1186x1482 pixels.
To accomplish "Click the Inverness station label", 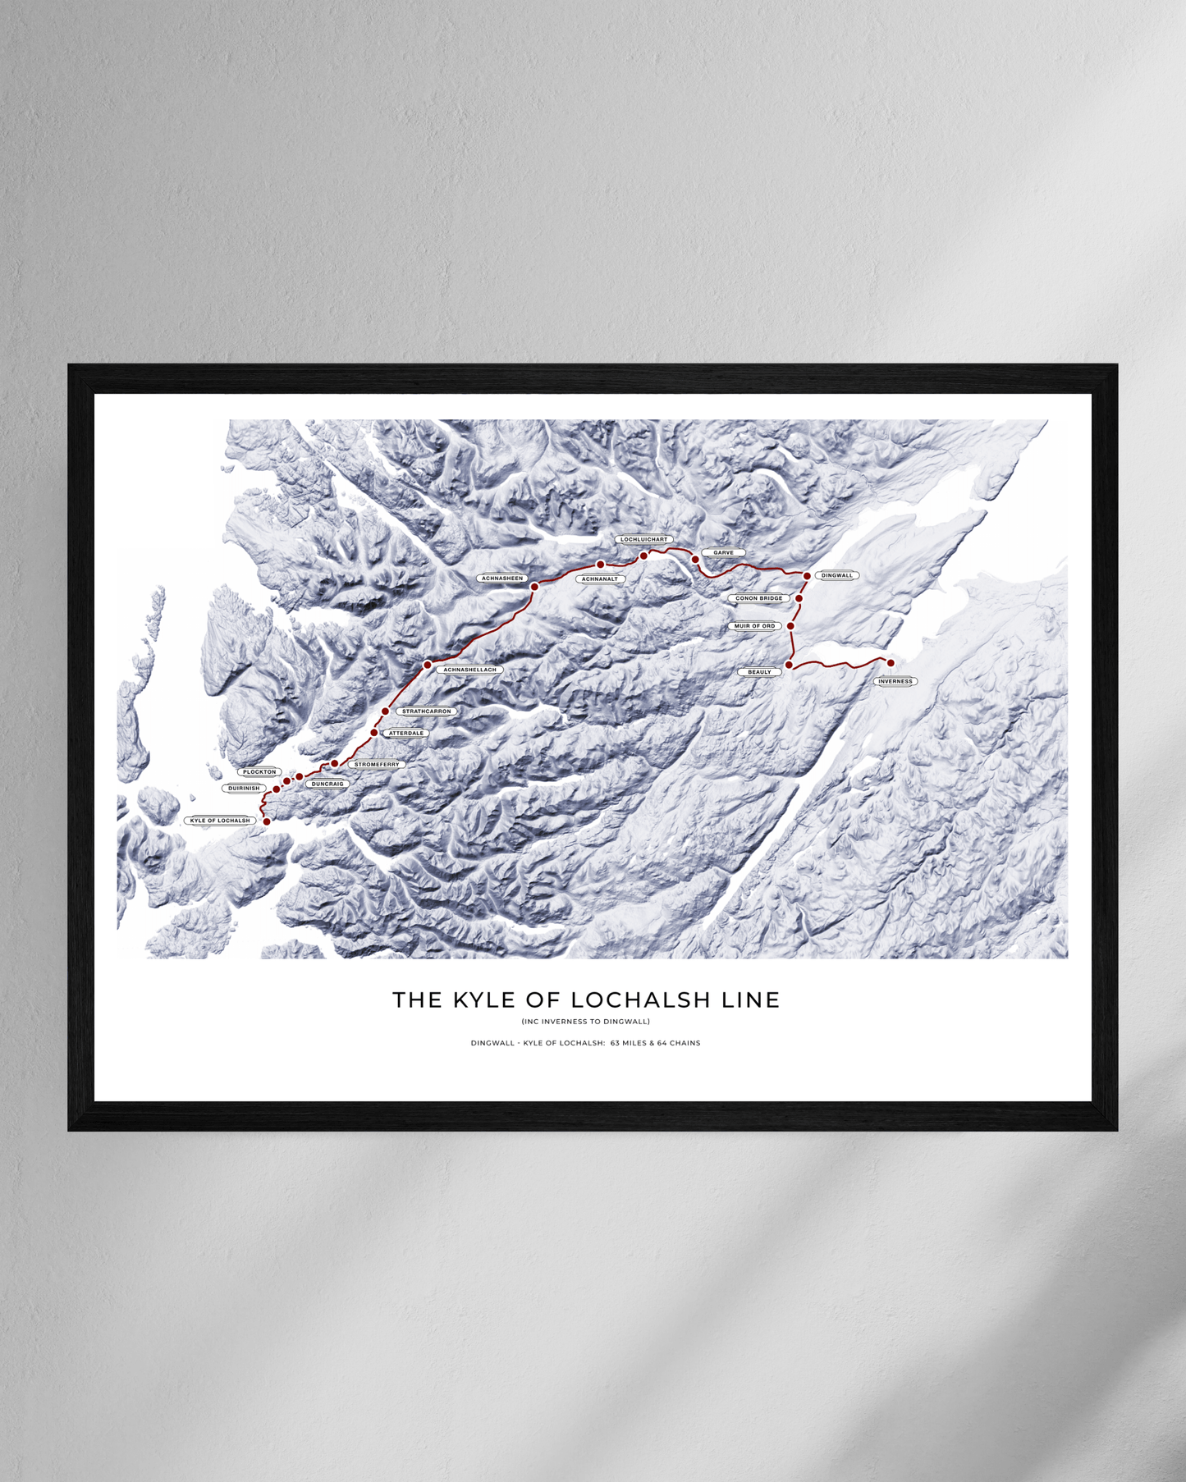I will coord(895,681).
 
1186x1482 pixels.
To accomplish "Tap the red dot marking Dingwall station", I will coord(807,576).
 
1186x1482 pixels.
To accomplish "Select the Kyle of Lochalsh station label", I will coord(220,821).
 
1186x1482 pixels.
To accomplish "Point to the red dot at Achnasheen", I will coord(534,587).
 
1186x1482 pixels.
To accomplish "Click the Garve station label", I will coord(723,553).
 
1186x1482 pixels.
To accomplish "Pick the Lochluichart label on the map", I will coord(644,540).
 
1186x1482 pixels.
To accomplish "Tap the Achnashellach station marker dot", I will coord(428,665).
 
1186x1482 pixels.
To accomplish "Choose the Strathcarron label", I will coord(427,711).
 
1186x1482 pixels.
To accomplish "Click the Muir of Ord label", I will coord(754,626).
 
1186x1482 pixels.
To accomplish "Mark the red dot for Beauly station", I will coord(789,665).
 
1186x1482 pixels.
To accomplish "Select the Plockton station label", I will coord(259,772).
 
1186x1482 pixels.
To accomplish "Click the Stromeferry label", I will coord(377,765).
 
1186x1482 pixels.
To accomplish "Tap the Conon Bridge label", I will coord(758,598).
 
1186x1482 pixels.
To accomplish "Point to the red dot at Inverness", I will coord(891,663).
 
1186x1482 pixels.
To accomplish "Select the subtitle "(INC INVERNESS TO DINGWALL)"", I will coord(586,1022).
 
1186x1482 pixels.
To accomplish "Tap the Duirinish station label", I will coord(244,789).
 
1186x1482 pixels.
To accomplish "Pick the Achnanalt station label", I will coord(599,579).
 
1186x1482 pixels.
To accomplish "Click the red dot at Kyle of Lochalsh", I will coord(267,821).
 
